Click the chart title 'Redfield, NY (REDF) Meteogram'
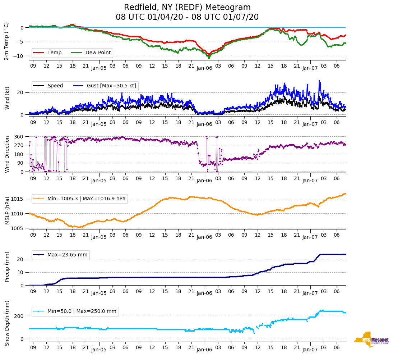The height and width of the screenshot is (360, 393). click(187, 8)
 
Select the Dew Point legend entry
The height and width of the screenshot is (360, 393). click(98, 53)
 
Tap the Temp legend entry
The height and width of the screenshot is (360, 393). click(54, 53)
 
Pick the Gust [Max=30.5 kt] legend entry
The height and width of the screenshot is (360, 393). click(111, 86)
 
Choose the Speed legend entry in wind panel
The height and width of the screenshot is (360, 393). click(55, 86)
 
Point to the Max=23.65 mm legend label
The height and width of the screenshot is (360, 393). click(67, 255)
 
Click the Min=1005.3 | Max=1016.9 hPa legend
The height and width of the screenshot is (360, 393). click(87, 199)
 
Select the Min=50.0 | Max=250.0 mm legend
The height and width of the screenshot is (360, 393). click(82, 311)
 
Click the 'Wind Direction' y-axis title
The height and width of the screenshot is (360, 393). click(7, 154)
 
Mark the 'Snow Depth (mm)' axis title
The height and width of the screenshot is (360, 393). click(7, 323)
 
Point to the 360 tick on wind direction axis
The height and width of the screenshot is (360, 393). click(19, 137)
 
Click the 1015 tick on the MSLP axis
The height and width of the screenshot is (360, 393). click(18, 199)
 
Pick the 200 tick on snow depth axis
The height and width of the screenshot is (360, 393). click(19, 316)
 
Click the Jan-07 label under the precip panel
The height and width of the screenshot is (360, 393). click(310, 293)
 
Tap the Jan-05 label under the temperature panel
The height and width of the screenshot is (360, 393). click(99, 68)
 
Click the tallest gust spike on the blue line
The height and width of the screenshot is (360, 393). click(319, 81)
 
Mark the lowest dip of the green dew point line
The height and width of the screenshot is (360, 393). click(209, 58)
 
